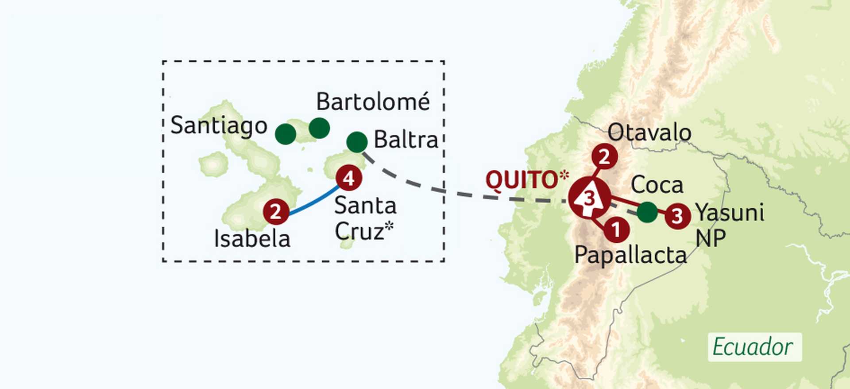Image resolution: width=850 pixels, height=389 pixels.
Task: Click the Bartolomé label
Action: pos(373,102)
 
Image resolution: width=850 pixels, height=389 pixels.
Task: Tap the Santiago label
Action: pos(219,125)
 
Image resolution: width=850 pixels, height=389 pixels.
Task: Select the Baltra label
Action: pos(406,140)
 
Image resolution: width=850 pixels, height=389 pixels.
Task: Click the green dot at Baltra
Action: pos(357,142)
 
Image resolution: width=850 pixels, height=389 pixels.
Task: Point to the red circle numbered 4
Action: pos(349,178)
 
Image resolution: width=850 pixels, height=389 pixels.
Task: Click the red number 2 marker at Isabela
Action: pos(276,211)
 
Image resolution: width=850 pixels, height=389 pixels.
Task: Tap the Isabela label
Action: pos(252,239)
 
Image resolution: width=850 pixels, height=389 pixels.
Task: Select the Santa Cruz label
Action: pos(364,218)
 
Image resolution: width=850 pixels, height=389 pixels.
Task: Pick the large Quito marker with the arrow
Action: pos(589,198)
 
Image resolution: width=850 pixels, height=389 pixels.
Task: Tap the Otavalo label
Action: pos(649,132)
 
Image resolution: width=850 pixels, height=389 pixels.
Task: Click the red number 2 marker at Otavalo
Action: pos(604,156)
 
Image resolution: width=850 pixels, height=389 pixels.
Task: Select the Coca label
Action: pos(657,185)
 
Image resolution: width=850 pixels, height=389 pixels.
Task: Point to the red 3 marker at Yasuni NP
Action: pos(677,216)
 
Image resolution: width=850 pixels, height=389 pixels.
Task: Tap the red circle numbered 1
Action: pos(616,230)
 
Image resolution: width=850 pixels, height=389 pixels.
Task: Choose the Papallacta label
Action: pos(630,256)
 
